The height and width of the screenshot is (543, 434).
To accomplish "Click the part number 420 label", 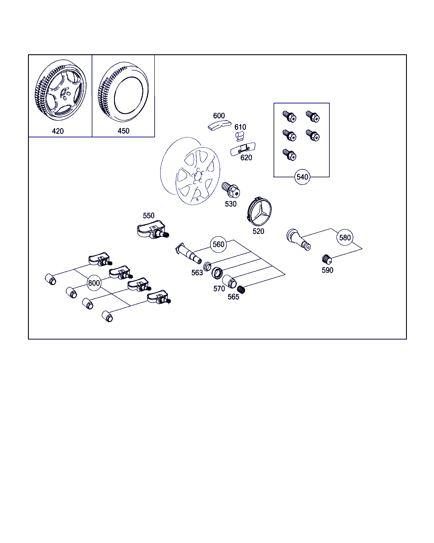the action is click(x=58, y=131).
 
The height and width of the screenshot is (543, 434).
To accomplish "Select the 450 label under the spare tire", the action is click(x=123, y=131).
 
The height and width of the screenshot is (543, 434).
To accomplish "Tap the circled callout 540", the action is click(x=302, y=177).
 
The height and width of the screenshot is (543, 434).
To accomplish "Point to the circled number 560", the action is click(x=218, y=244).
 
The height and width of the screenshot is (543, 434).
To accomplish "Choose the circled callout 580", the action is click(x=345, y=238).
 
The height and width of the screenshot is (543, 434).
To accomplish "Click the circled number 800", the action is click(x=94, y=283).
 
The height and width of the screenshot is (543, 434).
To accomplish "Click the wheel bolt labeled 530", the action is click(x=231, y=190).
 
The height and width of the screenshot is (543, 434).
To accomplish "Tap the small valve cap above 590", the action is click(x=327, y=259).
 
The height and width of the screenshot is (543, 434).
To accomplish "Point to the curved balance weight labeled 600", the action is click(x=219, y=125).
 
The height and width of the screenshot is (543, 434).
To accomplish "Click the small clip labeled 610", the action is click(x=239, y=136).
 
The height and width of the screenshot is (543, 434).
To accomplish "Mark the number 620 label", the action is click(x=246, y=158).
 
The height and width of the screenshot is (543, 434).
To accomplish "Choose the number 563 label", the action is click(x=197, y=273).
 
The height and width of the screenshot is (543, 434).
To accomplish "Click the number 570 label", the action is click(x=219, y=288).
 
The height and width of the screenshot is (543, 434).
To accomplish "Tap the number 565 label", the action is click(x=233, y=297).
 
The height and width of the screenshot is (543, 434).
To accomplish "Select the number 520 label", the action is click(x=258, y=231).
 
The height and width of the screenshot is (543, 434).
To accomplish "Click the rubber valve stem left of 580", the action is click(x=298, y=239).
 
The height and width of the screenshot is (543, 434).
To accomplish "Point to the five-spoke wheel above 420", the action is click(x=61, y=90).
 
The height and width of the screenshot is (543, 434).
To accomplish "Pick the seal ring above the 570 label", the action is click(x=217, y=273).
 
